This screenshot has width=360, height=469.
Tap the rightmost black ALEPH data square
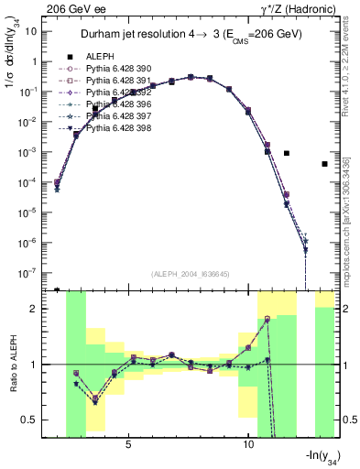pos(324,164)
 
